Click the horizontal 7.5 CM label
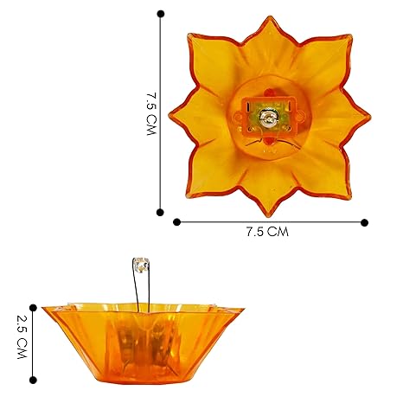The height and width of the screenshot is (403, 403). [266, 232]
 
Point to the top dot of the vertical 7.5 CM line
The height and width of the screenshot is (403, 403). [161, 13]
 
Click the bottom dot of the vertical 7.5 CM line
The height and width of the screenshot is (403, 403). [161, 211]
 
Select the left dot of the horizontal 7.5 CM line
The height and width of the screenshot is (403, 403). [177, 221]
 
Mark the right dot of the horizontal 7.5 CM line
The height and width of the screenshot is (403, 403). [364, 221]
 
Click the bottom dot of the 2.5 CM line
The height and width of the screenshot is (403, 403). [34, 380]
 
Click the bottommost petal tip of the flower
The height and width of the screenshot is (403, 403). [269, 215]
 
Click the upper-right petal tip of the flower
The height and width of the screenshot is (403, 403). [349, 36]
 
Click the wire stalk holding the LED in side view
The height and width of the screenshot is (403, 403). [138, 285]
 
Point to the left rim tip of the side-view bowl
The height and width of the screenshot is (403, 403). [42, 310]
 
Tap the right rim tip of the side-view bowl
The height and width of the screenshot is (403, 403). [243, 310]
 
